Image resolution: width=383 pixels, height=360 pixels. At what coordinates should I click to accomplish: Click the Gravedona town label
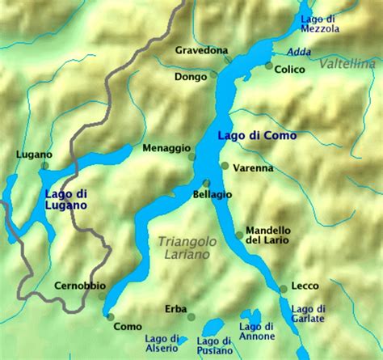pos(201,50)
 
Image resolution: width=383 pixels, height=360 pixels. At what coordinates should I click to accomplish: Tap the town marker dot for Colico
pos(269,66)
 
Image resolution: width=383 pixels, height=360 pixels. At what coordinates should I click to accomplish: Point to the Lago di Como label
pos(256,135)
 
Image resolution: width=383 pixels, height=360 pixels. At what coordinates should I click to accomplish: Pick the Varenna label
pos(252,168)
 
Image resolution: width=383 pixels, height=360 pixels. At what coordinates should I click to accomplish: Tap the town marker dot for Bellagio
pos(206,183)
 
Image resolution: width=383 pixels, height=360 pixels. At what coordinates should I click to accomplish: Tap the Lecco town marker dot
pos(283,288)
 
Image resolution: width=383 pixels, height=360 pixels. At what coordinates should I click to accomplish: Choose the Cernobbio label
pos(79,286)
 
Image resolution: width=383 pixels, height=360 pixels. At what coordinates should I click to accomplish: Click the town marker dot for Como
pos(111,316)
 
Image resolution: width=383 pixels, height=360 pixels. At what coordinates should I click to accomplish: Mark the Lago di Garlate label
pos(308,314)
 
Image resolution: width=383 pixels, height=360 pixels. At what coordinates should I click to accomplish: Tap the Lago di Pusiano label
pos(213,345)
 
